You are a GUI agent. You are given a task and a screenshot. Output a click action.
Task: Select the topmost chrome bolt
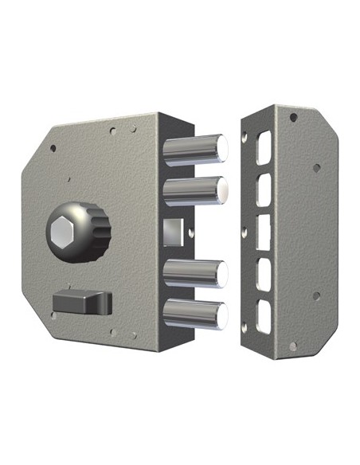tap(195, 147)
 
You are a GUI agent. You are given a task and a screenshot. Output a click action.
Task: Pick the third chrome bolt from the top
tap(195, 275)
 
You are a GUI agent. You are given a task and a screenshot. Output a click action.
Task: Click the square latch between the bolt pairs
tap(170, 232)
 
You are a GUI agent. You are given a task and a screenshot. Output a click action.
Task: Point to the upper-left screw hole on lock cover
tap(53, 147)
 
